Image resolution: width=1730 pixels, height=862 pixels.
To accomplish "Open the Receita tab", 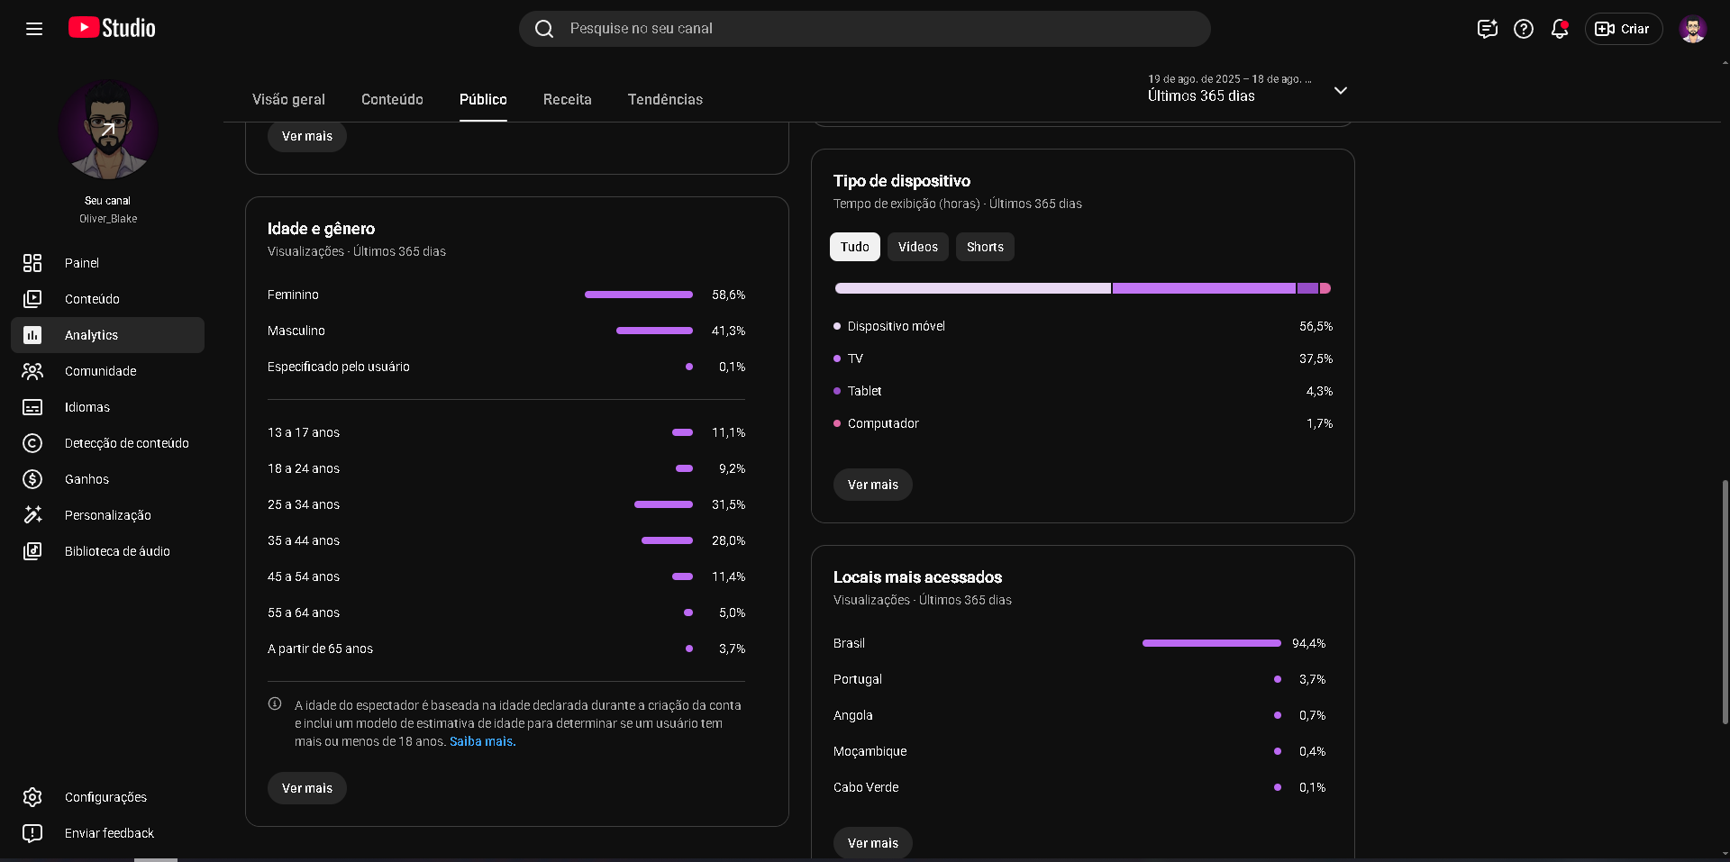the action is (567, 99).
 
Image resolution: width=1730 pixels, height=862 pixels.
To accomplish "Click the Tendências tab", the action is (665, 99).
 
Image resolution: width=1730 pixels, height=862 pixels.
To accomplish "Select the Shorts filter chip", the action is (985, 247).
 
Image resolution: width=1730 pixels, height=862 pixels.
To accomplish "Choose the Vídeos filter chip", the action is (917, 247).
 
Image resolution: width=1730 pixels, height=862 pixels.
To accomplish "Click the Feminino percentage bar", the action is (639, 295).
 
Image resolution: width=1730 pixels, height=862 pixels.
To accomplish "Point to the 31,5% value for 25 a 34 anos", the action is (728, 504).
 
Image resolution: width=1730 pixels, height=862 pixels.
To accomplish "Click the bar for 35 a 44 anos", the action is (667, 540).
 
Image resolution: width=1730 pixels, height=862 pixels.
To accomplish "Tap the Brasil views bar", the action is (1211, 643).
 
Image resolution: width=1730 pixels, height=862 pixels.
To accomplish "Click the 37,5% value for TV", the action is (1316, 358).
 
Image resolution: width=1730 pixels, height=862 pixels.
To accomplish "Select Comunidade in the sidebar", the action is (100, 371).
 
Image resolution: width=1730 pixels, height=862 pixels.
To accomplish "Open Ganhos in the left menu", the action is (86, 479).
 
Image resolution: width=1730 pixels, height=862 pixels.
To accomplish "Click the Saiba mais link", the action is (482, 741).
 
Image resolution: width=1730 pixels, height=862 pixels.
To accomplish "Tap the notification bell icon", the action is (1560, 29).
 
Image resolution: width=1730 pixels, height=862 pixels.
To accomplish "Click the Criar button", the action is (1623, 29).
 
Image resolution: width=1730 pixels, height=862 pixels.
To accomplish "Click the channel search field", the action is (864, 29).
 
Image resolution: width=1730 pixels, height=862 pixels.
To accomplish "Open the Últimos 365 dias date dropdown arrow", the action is (1341, 90).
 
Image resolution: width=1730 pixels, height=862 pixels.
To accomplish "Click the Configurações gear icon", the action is (32, 797).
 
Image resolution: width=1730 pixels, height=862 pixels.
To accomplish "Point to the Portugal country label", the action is (857, 679).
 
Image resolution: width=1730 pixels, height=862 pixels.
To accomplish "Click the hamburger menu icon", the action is (34, 29).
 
